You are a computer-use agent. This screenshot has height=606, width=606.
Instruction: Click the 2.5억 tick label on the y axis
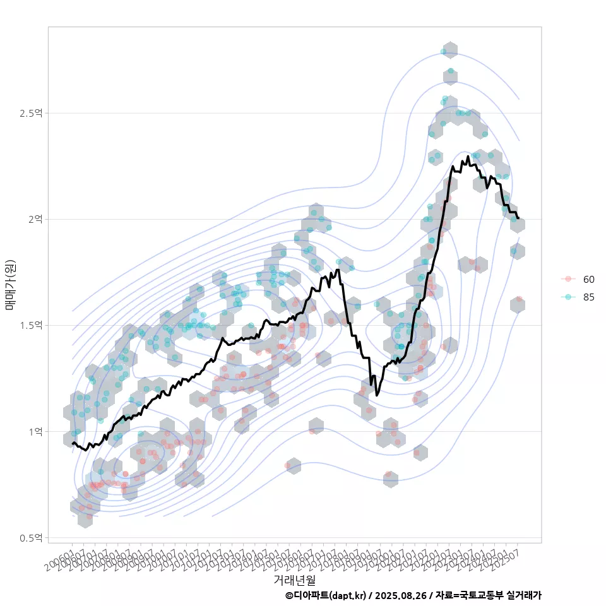[31, 114]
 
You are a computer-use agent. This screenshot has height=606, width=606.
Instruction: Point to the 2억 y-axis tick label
[35, 219]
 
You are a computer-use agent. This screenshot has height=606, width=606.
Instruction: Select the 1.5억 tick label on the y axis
[31, 325]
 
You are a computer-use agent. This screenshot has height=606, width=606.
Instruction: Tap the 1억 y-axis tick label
[35, 432]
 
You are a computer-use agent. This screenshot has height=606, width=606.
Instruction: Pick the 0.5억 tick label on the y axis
[31, 538]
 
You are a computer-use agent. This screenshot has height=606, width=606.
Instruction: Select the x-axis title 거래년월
[294, 579]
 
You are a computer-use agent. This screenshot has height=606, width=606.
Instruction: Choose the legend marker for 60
[569, 279]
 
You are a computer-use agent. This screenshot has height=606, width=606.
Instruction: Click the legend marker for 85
[569, 297]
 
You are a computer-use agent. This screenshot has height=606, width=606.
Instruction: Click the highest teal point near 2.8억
[443, 51]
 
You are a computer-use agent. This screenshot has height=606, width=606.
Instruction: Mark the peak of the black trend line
[468, 157]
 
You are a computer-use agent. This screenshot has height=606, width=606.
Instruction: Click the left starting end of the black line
[73, 443]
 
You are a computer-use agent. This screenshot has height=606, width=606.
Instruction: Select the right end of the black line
[518, 218]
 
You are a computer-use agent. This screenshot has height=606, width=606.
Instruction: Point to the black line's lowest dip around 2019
[377, 395]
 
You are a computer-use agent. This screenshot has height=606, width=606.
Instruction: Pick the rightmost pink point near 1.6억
[519, 299]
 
